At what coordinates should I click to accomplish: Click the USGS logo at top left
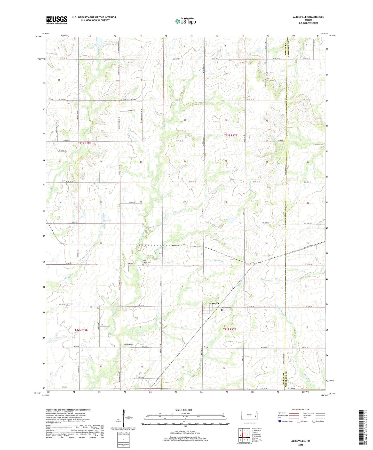pos(57,20)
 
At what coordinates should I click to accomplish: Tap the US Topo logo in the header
pos(185,21)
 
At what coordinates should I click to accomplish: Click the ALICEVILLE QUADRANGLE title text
pos(308,17)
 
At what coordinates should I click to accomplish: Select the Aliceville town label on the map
pos(214,303)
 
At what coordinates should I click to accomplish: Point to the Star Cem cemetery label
pos(126,99)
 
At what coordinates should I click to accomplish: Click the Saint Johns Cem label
pos(147,261)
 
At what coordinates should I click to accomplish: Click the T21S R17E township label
pos(230,135)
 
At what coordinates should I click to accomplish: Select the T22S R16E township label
pos(81,330)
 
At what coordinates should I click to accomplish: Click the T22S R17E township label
pos(229,329)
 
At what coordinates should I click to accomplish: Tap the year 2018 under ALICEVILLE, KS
pos(301,445)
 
